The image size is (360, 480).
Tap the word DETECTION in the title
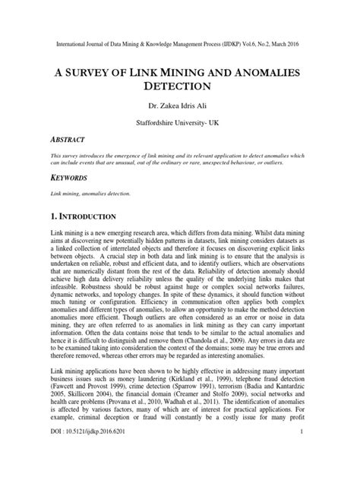coord(180,88)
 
